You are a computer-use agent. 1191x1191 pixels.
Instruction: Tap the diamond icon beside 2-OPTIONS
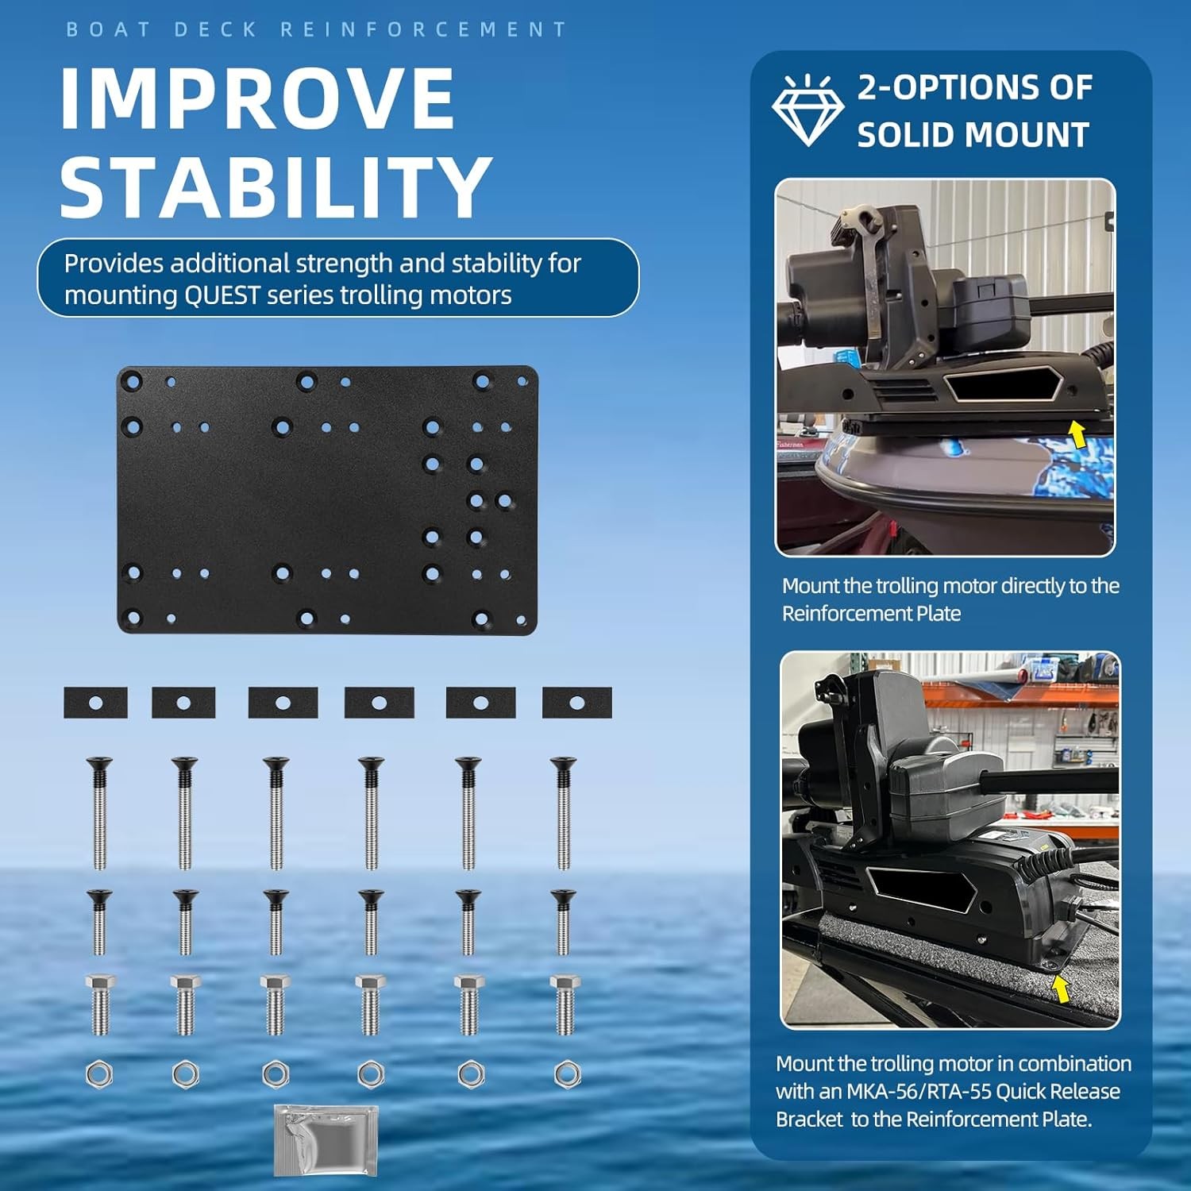tap(807, 111)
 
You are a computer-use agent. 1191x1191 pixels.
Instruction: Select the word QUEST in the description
tap(222, 295)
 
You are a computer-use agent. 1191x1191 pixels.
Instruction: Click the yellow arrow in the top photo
tap(1077, 434)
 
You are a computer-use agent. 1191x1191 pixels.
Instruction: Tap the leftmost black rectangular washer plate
tap(95, 703)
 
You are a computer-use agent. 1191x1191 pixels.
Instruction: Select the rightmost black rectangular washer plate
tap(576, 703)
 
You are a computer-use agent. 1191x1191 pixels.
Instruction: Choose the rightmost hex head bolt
tap(565, 1004)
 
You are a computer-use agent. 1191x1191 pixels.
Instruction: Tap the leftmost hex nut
tap(99, 1074)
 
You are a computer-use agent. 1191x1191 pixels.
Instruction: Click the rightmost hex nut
tap(566, 1074)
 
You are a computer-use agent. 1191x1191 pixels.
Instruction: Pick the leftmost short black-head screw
tap(99, 921)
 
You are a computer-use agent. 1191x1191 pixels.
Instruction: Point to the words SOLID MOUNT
tap(973, 135)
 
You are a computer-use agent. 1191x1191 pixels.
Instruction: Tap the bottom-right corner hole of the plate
tap(522, 620)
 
